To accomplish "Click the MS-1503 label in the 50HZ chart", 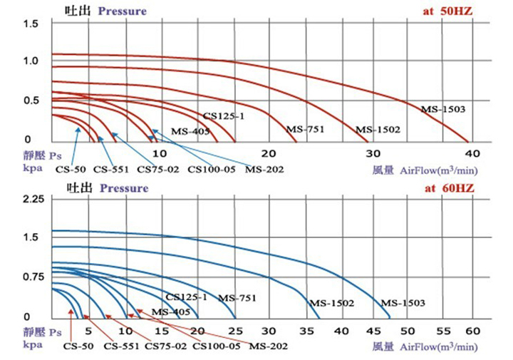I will (x=442, y=109).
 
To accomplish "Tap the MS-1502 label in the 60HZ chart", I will (x=331, y=303).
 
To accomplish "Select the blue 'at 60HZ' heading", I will (x=448, y=189).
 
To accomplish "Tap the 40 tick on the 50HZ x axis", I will (x=470, y=153).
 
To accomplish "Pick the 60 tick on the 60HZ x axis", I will (x=471, y=331).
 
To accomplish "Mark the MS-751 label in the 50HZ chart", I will (x=304, y=130).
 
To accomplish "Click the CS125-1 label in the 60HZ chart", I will (x=186, y=297).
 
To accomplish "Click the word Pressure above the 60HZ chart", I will (x=124, y=189).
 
